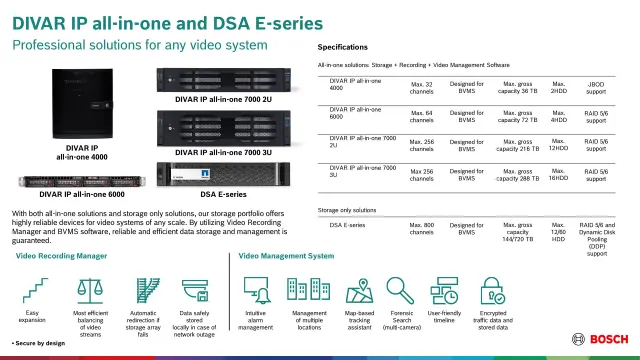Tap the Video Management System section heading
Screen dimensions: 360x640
[287, 257]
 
